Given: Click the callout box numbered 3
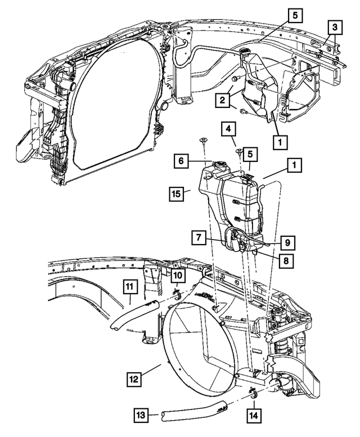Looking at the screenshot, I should click(x=334, y=26).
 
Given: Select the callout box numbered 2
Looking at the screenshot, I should click(x=223, y=101).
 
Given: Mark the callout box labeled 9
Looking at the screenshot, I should click(x=286, y=243).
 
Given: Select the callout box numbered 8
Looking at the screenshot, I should click(x=286, y=261).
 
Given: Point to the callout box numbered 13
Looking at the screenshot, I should click(x=141, y=416).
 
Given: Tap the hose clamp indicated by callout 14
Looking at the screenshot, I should click(x=252, y=393).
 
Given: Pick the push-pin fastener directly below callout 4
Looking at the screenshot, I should click(x=238, y=151).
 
